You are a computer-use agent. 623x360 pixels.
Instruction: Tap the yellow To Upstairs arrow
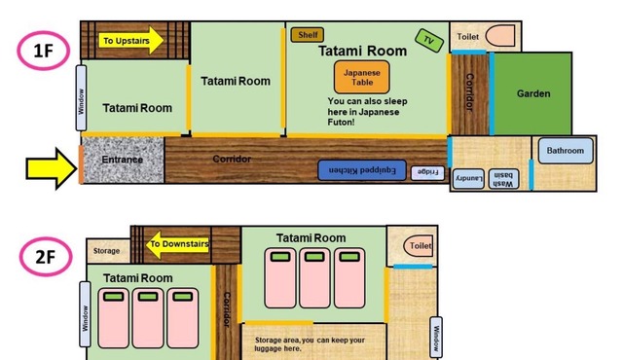pos(131,41)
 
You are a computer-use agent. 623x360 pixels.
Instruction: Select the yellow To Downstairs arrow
pos(177,244)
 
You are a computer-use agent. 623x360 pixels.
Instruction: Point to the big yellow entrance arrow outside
pos(52,168)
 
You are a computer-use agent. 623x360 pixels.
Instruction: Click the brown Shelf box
pos(308,35)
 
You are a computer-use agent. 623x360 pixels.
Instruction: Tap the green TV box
pos(429,41)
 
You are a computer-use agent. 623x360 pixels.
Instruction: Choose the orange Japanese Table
pos(361,78)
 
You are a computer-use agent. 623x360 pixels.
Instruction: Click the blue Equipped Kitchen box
pos(362,170)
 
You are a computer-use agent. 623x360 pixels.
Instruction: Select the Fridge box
pos(427,172)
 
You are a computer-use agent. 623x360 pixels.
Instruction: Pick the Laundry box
pos(468,179)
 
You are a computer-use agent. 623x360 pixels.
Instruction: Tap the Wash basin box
pos(503,179)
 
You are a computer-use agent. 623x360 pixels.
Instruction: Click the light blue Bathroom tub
pos(566,151)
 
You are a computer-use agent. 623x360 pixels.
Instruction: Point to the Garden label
pos(533,93)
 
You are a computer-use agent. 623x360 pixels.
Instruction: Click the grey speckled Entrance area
pos(123,160)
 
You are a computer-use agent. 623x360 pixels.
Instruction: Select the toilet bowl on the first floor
pos(499,36)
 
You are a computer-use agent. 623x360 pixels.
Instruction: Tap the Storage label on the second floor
pos(106,251)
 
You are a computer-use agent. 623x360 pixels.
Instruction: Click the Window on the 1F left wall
pos(81,98)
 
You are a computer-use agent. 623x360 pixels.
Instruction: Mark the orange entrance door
pos(81,164)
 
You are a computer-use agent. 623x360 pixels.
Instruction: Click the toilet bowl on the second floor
pos(418,246)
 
